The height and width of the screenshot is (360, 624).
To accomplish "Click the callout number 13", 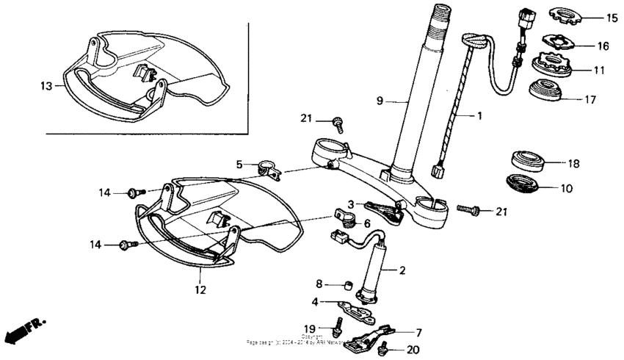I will click(46, 86).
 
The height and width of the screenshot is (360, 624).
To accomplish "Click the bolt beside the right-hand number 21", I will click(468, 211).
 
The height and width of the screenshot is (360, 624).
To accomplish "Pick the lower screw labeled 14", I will click(128, 243).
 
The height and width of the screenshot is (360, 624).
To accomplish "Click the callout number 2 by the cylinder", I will click(402, 270).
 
